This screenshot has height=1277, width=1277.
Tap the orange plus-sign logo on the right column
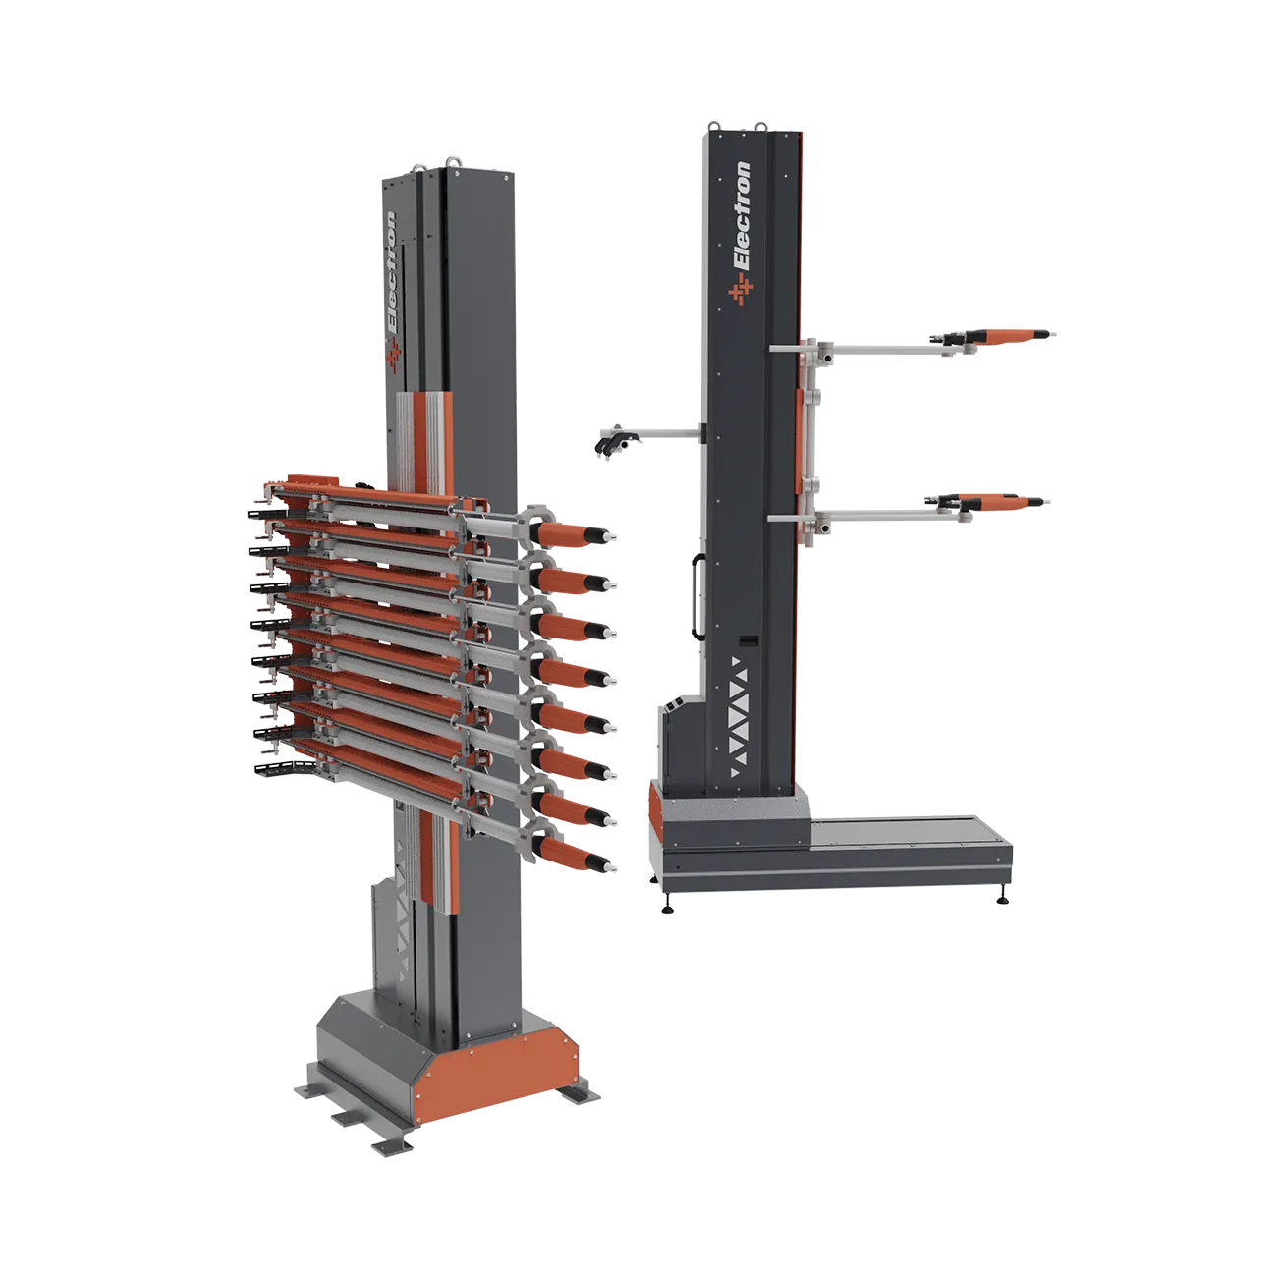(741, 291)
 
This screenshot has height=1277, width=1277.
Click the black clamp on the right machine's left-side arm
(615, 441)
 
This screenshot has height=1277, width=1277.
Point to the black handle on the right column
(695, 597)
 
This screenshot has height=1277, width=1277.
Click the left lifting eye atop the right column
(714, 127)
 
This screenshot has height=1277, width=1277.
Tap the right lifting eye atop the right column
(760, 127)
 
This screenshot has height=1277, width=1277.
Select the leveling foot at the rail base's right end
(1002, 898)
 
